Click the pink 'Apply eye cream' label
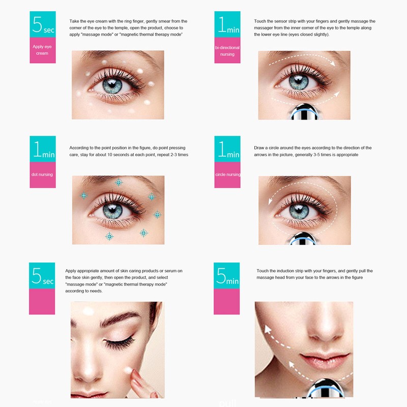point(42,50)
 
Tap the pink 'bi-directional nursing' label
point(227,51)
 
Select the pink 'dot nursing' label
point(42,175)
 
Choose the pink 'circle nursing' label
point(227,175)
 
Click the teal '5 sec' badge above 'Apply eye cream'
point(42,24)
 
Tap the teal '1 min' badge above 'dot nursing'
point(42,149)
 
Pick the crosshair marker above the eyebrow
point(119,182)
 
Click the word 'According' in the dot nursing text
point(79,148)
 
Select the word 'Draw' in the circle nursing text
point(259,148)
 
